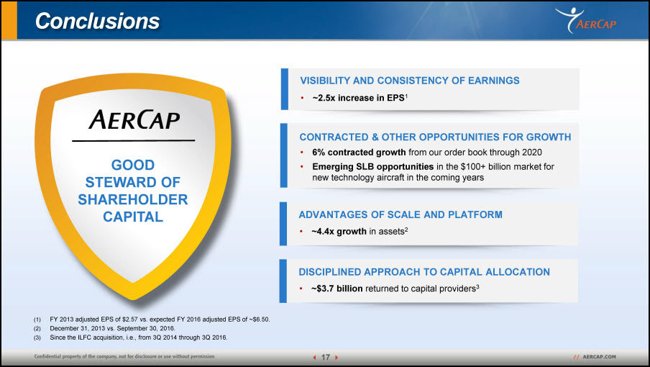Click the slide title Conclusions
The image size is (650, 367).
pyautogui.click(x=97, y=21)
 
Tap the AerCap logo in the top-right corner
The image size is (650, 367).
pyautogui.click(x=586, y=20)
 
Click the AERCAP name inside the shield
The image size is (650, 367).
pyautogui.click(x=134, y=120)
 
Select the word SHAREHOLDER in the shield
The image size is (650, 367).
pyautogui.click(x=132, y=199)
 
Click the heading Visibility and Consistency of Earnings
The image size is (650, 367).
pyautogui.click(x=410, y=81)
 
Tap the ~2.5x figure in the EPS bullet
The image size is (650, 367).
pyautogui.click(x=324, y=98)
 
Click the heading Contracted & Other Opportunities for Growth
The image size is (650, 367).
pyautogui.click(x=435, y=137)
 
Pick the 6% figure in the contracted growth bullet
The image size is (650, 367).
pyautogui.click(x=319, y=152)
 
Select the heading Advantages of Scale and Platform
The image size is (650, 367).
pyautogui.click(x=400, y=214)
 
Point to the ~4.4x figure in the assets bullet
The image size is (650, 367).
pyautogui.click(x=323, y=232)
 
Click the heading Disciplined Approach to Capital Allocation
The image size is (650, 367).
pyautogui.click(x=424, y=271)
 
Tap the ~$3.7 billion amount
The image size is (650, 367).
pyautogui.click(x=337, y=289)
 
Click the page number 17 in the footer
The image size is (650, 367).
pyautogui.click(x=326, y=357)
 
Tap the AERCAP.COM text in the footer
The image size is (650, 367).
pyautogui.click(x=599, y=357)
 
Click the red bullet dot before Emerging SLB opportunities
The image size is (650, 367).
pyautogui.click(x=302, y=167)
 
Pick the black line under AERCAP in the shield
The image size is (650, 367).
pyautogui.click(x=134, y=141)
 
